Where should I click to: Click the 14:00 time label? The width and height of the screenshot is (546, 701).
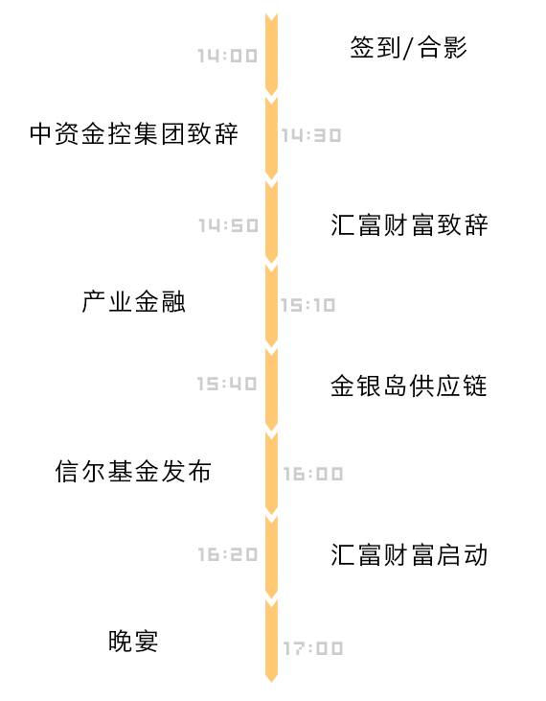pos(228,56)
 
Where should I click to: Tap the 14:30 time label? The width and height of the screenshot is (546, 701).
pos(311,135)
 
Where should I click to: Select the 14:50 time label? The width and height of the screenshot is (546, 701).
pos(228,225)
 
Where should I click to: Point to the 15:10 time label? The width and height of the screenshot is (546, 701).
pos(307,305)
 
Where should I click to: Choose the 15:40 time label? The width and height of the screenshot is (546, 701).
pos(227,384)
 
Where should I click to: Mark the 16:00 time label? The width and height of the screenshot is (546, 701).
pos(313,474)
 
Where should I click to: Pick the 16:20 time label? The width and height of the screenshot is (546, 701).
pos(228,555)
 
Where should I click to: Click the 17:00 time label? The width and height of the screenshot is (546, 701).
pos(313,648)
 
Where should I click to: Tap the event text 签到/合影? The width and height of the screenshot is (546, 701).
pos(408,47)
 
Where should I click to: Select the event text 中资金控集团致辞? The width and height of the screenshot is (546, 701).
pos(134,133)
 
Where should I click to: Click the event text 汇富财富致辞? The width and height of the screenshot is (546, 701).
pos(409,224)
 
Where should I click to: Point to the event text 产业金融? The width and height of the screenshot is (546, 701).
pos(133,301)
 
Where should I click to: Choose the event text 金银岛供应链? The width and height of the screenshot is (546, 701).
pos(408,386)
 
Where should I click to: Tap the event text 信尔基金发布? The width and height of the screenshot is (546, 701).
pos(133,471)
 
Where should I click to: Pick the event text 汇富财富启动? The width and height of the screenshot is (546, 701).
pos(409,555)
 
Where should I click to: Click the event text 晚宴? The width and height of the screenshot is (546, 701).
pos(133,641)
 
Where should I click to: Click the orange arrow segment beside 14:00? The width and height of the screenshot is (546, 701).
pos(271,55)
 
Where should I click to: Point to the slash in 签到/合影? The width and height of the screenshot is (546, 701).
pos(407,48)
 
